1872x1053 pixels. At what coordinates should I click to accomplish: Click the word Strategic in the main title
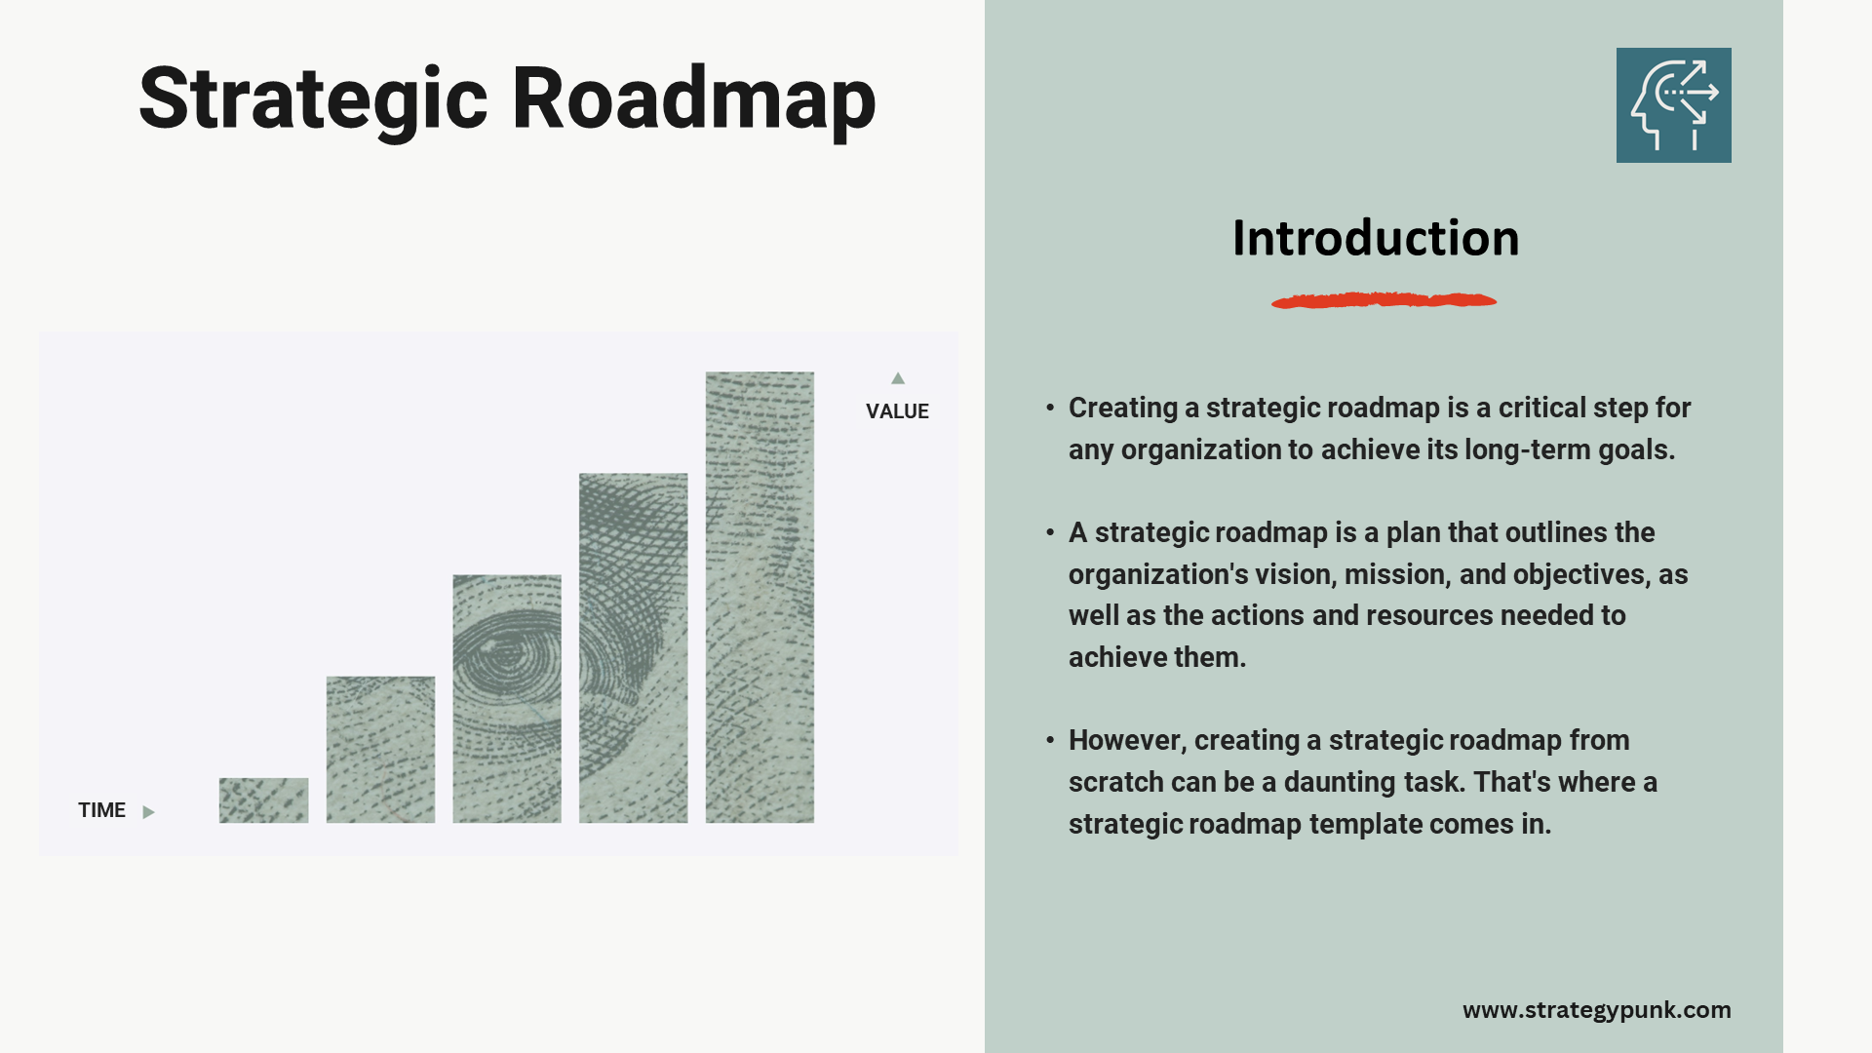point(313,99)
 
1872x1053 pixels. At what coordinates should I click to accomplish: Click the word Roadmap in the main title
point(693,99)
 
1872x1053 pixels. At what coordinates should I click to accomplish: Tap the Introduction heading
point(1375,239)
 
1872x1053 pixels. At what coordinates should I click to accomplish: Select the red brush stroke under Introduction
point(1384,300)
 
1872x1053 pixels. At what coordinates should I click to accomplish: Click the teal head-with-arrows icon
point(1673,105)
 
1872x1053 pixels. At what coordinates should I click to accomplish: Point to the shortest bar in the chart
point(263,800)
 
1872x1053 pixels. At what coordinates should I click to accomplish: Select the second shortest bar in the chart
point(380,749)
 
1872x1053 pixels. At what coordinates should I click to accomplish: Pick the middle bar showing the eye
point(507,698)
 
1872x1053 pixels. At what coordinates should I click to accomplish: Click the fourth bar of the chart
point(633,647)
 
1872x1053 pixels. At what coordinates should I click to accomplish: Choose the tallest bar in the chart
point(760,597)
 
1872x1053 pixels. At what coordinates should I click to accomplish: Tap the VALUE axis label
point(897,411)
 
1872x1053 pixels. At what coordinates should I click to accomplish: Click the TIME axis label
point(101,810)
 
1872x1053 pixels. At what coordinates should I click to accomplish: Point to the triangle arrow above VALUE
point(898,378)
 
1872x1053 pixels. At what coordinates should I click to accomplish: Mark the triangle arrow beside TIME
point(148,812)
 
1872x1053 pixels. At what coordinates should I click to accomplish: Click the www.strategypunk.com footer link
point(1596,1010)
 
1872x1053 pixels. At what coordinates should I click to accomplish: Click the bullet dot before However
point(1050,740)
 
